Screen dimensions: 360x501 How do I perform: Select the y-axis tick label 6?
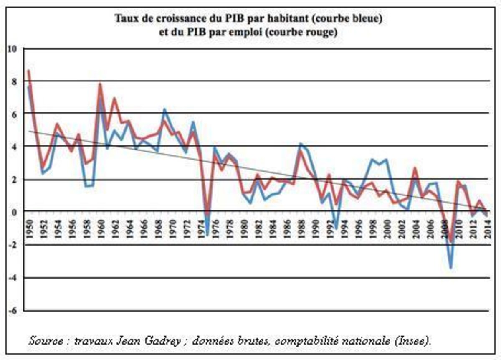[x=14, y=114]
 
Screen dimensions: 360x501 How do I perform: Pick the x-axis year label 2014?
[x=487, y=228]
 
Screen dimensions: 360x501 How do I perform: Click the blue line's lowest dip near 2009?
[x=451, y=268]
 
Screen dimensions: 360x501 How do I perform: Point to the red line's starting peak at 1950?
[x=28, y=71]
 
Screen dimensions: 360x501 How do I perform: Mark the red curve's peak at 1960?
[x=100, y=84]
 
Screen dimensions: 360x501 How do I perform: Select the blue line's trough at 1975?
[x=207, y=235]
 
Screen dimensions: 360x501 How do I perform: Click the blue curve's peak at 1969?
[x=164, y=109]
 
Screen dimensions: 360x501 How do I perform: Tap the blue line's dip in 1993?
[x=336, y=228]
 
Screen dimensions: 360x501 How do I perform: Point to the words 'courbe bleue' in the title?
[x=356, y=19]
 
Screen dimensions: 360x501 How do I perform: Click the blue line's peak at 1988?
[x=300, y=144]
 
